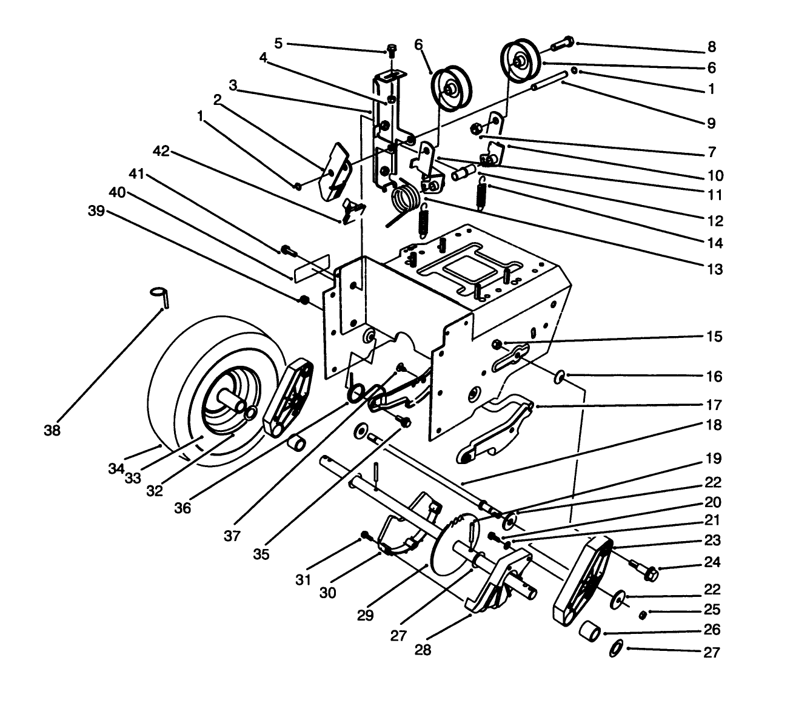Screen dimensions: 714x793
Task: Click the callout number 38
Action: click(52, 431)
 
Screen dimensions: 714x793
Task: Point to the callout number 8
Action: click(712, 47)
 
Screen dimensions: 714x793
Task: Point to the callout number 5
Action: click(278, 43)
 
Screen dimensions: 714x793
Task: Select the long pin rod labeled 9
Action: click(549, 81)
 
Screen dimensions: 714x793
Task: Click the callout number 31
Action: click(304, 579)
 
